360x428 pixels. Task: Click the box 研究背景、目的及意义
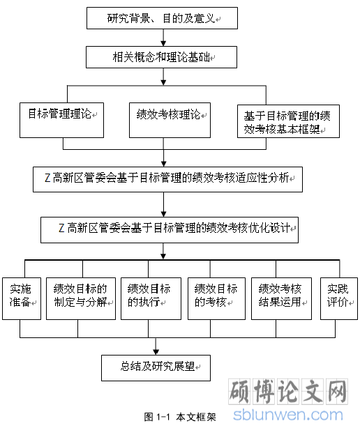[162, 18]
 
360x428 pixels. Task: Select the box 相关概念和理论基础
[161, 57]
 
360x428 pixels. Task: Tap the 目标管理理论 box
[61, 120]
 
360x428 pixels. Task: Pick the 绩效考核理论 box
[170, 120]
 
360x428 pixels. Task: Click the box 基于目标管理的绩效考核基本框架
[288, 121]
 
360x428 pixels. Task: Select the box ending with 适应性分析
[167, 179]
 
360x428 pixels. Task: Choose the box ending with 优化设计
[170, 230]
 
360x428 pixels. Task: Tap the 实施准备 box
[22, 298]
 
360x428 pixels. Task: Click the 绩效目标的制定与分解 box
[81, 298]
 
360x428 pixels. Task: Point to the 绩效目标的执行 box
[151, 298]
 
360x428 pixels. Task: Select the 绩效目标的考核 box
[216, 298]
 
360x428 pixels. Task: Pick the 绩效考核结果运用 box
[281, 298]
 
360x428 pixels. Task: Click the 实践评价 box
[339, 298]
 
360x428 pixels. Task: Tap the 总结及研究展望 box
[156, 368]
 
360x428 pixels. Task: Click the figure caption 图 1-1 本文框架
[180, 417]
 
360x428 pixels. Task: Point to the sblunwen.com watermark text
[288, 415]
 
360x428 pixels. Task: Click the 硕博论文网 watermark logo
[288, 392]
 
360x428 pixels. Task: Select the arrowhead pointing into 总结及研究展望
[156, 352]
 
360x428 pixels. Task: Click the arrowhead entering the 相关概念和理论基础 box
[163, 43]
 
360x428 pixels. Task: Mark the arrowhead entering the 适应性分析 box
[164, 164]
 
